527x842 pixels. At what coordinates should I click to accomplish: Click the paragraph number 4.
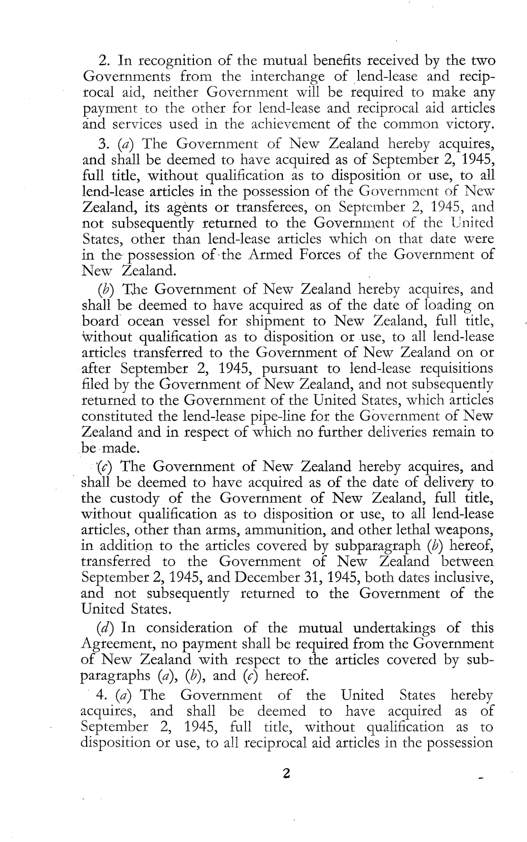100,695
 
